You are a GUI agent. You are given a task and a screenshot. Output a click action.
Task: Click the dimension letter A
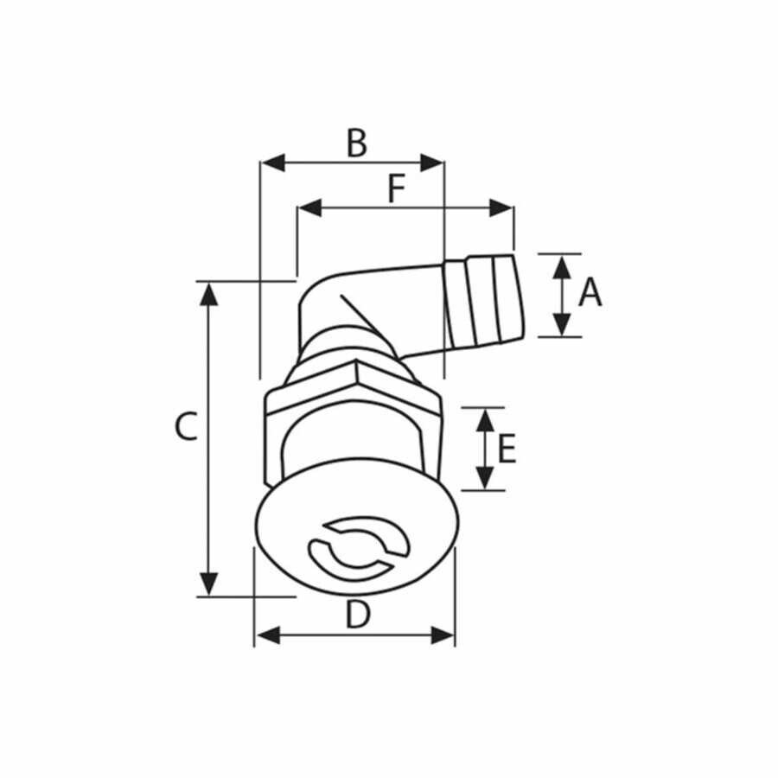(x=590, y=293)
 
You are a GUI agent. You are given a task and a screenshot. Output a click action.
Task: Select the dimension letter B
(x=356, y=143)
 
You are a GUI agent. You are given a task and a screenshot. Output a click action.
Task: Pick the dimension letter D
(x=357, y=615)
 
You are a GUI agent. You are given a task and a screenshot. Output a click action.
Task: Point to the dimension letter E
(x=507, y=450)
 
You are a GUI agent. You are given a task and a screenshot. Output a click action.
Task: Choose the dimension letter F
(x=396, y=189)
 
